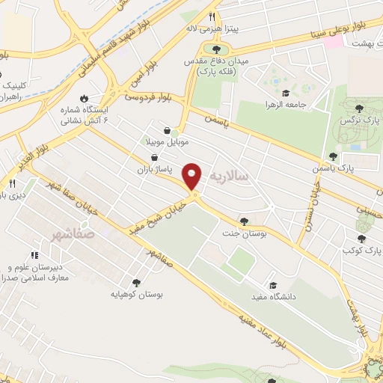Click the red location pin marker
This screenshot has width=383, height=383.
(x=192, y=176)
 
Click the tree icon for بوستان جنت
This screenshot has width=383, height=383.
(x=244, y=220)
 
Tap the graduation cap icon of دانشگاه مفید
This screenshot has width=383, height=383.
(x=273, y=285)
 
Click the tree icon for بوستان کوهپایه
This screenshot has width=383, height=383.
(x=135, y=282)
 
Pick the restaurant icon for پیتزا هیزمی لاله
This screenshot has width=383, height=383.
(x=212, y=16)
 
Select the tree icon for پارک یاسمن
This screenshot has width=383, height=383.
(x=332, y=157)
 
